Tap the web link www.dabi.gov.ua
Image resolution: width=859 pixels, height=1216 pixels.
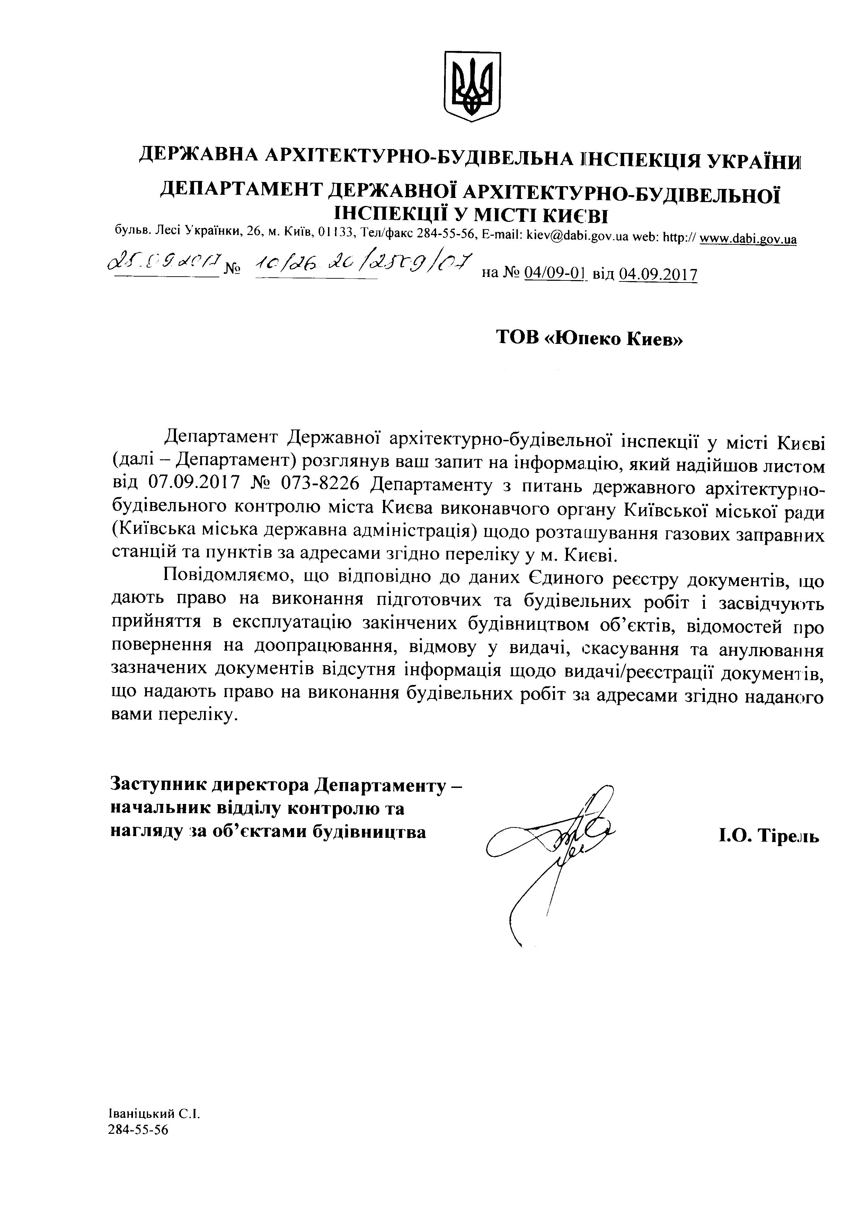tap(748, 239)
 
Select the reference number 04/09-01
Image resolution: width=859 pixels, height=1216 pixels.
tap(555, 274)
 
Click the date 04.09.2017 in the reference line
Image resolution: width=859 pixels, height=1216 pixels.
tap(657, 274)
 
